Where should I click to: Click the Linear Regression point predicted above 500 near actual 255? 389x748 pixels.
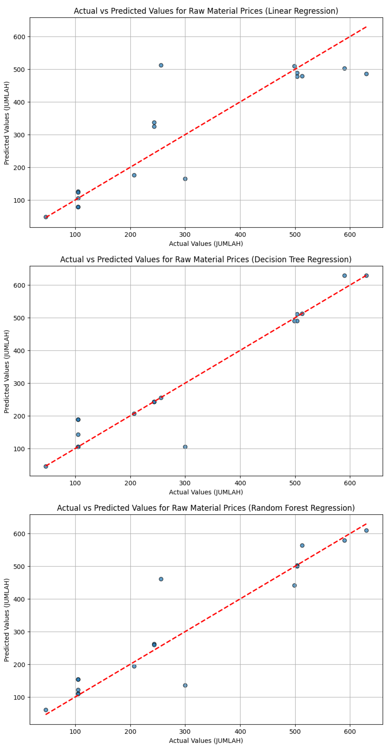(161, 65)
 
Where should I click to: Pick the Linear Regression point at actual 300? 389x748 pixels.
(185, 179)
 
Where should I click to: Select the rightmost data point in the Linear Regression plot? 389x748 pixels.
(366, 74)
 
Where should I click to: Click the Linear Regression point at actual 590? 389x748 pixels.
(345, 68)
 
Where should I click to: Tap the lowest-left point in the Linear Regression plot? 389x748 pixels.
(46, 217)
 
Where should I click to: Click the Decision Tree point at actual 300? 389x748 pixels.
(185, 447)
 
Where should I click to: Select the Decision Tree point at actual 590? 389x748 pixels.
(345, 275)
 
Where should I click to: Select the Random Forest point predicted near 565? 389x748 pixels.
(302, 545)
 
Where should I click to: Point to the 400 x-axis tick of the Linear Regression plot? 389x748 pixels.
(240, 235)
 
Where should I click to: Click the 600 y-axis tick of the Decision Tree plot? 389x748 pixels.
(19, 285)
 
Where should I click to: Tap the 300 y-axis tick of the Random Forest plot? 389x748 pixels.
(19, 632)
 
